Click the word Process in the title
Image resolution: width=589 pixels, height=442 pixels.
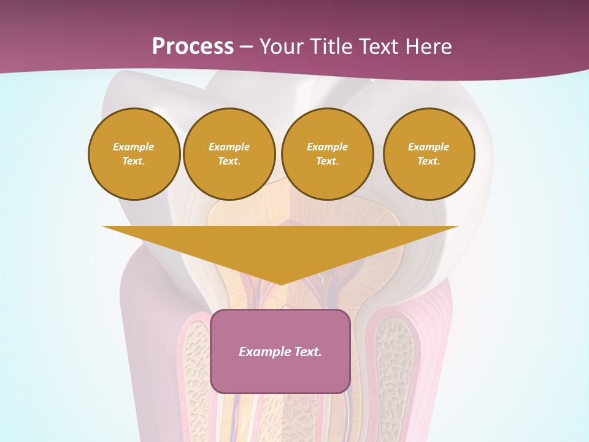pyautogui.click(x=193, y=47)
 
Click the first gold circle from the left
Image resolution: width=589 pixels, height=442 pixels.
pyautogui.click(x=134, y=154)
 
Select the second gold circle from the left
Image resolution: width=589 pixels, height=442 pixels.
pyautogui.click(x=229, y=154)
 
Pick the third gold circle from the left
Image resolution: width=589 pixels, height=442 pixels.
pyautogui.click(x=328, y=154)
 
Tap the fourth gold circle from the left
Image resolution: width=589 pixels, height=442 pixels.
pyautogui.click(x=429, y=154)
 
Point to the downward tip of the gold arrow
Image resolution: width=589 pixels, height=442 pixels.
pyautogui.click(x=281, y=283)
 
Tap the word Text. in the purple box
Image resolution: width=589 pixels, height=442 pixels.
pyautogui.click(x=307, y=352)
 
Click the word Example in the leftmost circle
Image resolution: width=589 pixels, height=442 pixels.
pyautogui.click(x=134, y=147)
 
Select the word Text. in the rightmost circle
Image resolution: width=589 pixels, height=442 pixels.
pyautogui.click(x=429, y=161)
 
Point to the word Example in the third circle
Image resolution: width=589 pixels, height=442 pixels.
pyautogui.click(x=328, y=147)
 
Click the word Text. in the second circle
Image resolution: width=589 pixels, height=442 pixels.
pyautogui.click(x=229, y=161)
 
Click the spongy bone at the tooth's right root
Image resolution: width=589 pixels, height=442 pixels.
pyautogui.click(x=394, y=368)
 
